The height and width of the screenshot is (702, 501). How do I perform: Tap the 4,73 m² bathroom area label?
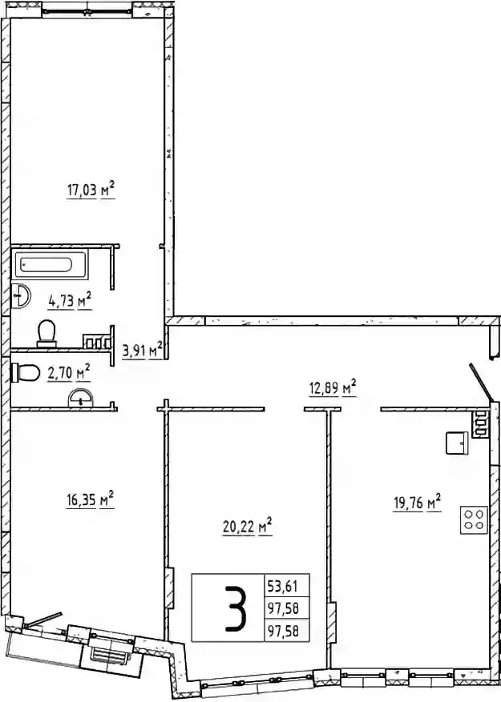(x=70, y=300)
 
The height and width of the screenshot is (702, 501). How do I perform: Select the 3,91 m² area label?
(x=142, y=351)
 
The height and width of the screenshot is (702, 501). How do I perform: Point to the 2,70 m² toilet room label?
(x=69, y=372)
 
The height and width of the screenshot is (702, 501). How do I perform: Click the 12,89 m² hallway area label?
(x=333, y=387)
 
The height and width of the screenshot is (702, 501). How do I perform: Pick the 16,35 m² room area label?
(x=90, y=499)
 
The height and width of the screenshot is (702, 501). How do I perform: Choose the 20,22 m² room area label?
(x=248, y=527)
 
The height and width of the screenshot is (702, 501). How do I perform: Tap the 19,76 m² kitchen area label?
(x=418, y=503)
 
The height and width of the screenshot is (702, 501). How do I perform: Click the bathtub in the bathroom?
(x=50, y=265)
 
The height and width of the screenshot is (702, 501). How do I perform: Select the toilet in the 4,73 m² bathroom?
(x=46, y=334)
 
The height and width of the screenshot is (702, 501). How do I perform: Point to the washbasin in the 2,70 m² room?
(x=80, y=398)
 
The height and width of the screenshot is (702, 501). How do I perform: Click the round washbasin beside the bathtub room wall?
(x=20, y=295)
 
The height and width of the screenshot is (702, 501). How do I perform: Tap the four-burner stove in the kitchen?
(x=474, y=519)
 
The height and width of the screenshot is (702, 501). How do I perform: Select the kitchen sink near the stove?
(x=457, y=443)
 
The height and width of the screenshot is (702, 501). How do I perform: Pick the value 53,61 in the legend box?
(x=283, y=585)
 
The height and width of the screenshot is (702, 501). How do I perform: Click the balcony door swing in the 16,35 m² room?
(x=44, y=619)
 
